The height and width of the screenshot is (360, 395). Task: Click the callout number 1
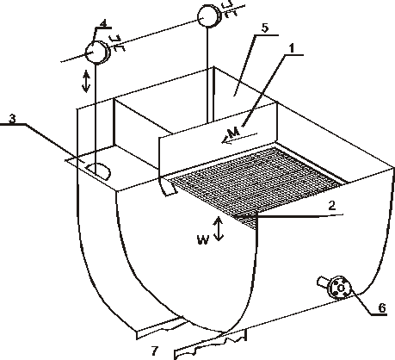pos(292,48)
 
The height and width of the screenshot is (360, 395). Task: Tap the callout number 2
pos(332,206)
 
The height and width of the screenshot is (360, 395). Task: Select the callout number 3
pos(12,119)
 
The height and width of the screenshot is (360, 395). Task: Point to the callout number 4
pos(104,23)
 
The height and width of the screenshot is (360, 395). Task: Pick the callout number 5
pos(264,28)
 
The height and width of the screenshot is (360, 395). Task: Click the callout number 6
pos(382,307)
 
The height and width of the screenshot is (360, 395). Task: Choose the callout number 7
pos(155,351)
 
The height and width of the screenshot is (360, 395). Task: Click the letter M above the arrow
pos(234,133)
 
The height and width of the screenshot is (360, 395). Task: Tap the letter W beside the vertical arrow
pos(203,239)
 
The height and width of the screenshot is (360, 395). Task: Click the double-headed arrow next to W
pos(219,228)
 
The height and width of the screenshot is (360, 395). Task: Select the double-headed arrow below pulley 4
pos(86,82)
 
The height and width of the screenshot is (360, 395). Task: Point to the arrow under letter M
pos(239,138)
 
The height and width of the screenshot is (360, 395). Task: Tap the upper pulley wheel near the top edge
pos(209,16)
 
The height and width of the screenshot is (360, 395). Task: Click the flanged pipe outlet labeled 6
pos(336,287)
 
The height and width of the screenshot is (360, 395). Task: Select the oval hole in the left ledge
pos(98,171)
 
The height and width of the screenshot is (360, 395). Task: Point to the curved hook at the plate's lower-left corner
pos(166,188)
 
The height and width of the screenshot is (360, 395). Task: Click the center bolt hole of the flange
pos(341,288)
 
